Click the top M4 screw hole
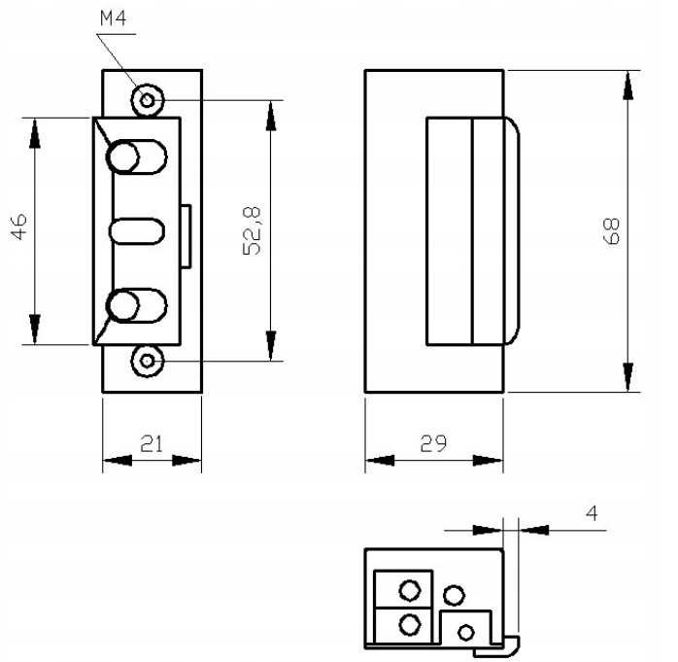click(148, 99)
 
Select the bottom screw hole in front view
click(148, 363)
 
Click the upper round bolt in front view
click(124, 157)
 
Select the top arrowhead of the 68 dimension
click(628, 87)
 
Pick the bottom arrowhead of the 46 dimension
click(35, 329)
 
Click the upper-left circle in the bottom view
click(409, 589)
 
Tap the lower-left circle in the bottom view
click(409, 622)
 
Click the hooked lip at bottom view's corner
click(509, 641)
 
